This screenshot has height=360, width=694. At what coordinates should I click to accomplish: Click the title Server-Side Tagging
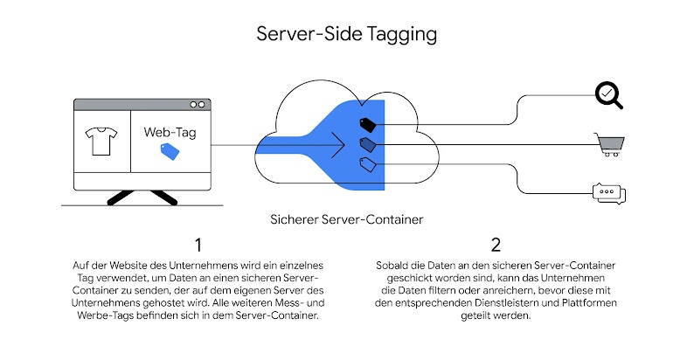(x=346, y=34)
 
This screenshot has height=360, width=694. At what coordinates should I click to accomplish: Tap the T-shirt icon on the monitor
(x=101, y=141)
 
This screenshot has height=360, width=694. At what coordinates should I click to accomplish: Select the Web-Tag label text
(x=169, y=132)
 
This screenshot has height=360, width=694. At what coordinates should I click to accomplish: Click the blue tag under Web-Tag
(x=169, y=151)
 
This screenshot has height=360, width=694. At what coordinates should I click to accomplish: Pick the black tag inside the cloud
(x=367, y=124)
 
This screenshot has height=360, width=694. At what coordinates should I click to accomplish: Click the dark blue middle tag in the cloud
(x=367, y=143)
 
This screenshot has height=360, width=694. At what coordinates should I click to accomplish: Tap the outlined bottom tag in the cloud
(x=367, y=163)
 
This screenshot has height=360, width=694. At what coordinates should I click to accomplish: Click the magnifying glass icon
(x=608, y=95)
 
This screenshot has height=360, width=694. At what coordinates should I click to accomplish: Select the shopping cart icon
(x=609, y=143)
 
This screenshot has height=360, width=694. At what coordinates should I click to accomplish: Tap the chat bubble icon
(x=609, y=192)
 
